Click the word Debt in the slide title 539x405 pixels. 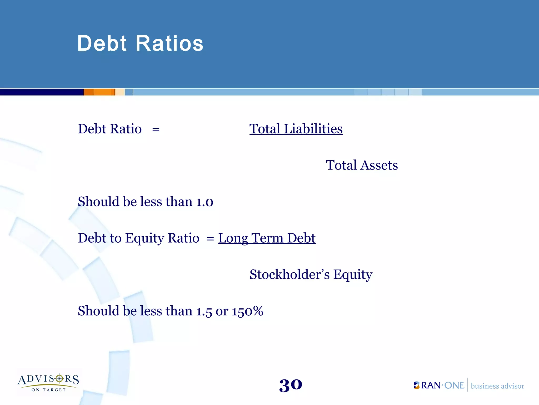click(102, 44)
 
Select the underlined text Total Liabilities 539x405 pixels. click(296, 129)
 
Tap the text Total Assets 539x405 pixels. click(362, 165)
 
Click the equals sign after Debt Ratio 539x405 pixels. click(156, 129)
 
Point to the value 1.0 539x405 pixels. click(204, 202)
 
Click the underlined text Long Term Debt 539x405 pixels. click(267, 238)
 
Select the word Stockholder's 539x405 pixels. click(289, 274)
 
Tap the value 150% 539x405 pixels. click(247, 311)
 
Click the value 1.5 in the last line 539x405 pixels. click(204, 311)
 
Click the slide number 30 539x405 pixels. click(291, 385)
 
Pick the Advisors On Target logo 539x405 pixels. click(48, 382)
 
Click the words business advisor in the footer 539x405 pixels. click(497, 386)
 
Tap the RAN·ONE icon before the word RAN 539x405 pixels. click(416, 385)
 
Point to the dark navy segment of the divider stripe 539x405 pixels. click(42, 92)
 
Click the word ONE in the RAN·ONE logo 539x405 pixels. click(454, 385)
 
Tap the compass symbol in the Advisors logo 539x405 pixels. click(59, 379)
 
